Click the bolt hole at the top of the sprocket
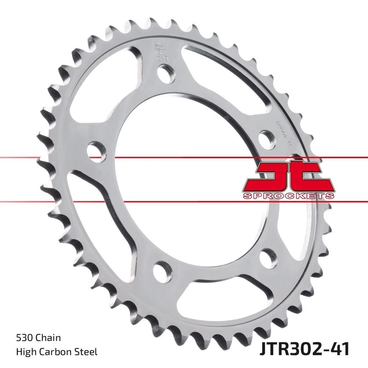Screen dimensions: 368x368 pos(168,73)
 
